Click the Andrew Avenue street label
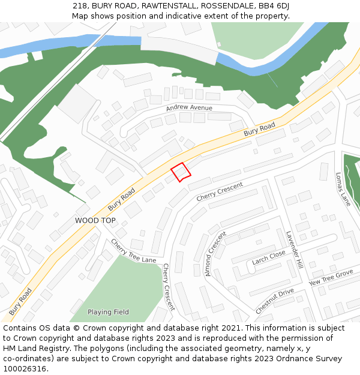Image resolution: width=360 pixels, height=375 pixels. point(190,108)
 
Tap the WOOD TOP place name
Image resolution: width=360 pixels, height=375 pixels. point(95,221)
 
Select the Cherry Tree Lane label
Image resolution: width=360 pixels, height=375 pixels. point(133,251)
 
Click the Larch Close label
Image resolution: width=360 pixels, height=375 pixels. point(269,257)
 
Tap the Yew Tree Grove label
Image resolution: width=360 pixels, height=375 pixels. point(331,278)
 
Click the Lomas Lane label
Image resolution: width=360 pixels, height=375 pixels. point(343,189)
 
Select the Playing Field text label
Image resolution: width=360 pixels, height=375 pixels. point(108,312)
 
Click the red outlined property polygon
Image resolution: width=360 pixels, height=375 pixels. point(181,172)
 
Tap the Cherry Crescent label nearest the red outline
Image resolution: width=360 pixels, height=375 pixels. point(220,191)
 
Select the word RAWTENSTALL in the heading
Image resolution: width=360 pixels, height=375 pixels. point(169,5)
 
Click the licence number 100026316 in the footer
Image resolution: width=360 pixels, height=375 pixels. point(25,369)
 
